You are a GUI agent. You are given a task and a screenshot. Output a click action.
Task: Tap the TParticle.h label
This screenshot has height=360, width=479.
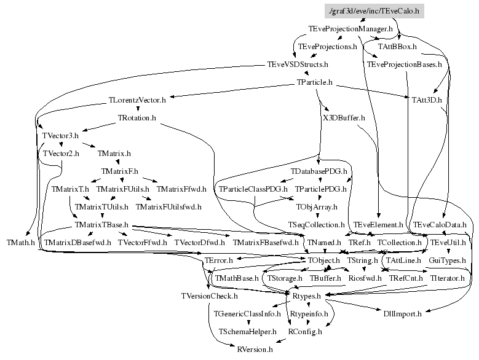[x=314, y=82]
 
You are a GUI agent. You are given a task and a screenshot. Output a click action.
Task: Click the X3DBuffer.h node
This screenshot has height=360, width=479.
[x=344, y=117]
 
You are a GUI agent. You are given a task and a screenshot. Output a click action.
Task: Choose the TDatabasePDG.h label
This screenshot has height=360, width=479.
[x=319, y=171]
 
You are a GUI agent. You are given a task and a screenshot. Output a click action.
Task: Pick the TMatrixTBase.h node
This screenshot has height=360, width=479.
[x=101, y=225]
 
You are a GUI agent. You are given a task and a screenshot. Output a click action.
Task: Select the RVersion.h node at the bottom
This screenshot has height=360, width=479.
[x=255, y=349]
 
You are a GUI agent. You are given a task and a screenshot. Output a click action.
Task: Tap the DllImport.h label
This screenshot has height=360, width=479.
[x=402, y=314]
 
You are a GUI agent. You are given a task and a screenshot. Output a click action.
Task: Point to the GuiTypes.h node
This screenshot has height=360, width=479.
[x=446, y=260]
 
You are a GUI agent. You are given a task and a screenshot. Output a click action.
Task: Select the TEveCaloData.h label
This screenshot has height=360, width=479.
[x=440, y=225]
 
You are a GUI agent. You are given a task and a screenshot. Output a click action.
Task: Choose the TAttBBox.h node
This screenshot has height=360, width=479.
[x=398, y=46]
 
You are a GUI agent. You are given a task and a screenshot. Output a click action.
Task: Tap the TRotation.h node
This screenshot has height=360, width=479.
[x=137, y=117]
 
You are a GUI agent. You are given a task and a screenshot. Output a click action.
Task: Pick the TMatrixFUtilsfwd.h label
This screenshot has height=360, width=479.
[x=168, y=207]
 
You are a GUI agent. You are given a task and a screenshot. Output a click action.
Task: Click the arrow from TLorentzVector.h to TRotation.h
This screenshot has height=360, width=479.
[x=137, y=108]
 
